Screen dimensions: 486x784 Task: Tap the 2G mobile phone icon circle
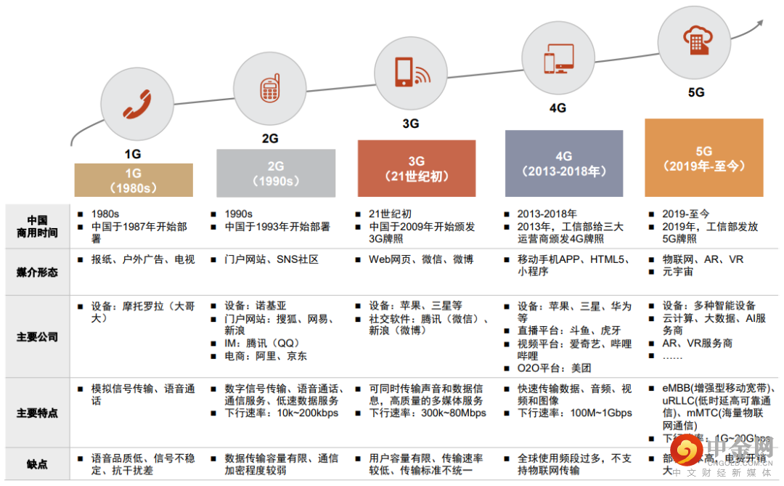click(269, 88)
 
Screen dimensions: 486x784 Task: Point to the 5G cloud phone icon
click(695, 37)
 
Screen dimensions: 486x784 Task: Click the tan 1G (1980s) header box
click(134, 180)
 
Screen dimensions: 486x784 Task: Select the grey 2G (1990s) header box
click(276, 173)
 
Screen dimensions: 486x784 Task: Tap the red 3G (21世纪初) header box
click(417, 169)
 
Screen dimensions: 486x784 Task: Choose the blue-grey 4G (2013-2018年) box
click(564, 163)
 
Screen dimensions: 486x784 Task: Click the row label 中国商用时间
click(37, 227)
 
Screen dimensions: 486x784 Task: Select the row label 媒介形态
click(37, 272)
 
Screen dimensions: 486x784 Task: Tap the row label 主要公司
click(37, 337)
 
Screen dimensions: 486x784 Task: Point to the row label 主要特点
click(37, 413)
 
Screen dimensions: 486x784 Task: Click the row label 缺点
click(37, 463)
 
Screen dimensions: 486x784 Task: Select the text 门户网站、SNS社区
click(271, 259)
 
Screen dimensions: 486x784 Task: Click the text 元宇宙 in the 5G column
click(677, 272)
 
